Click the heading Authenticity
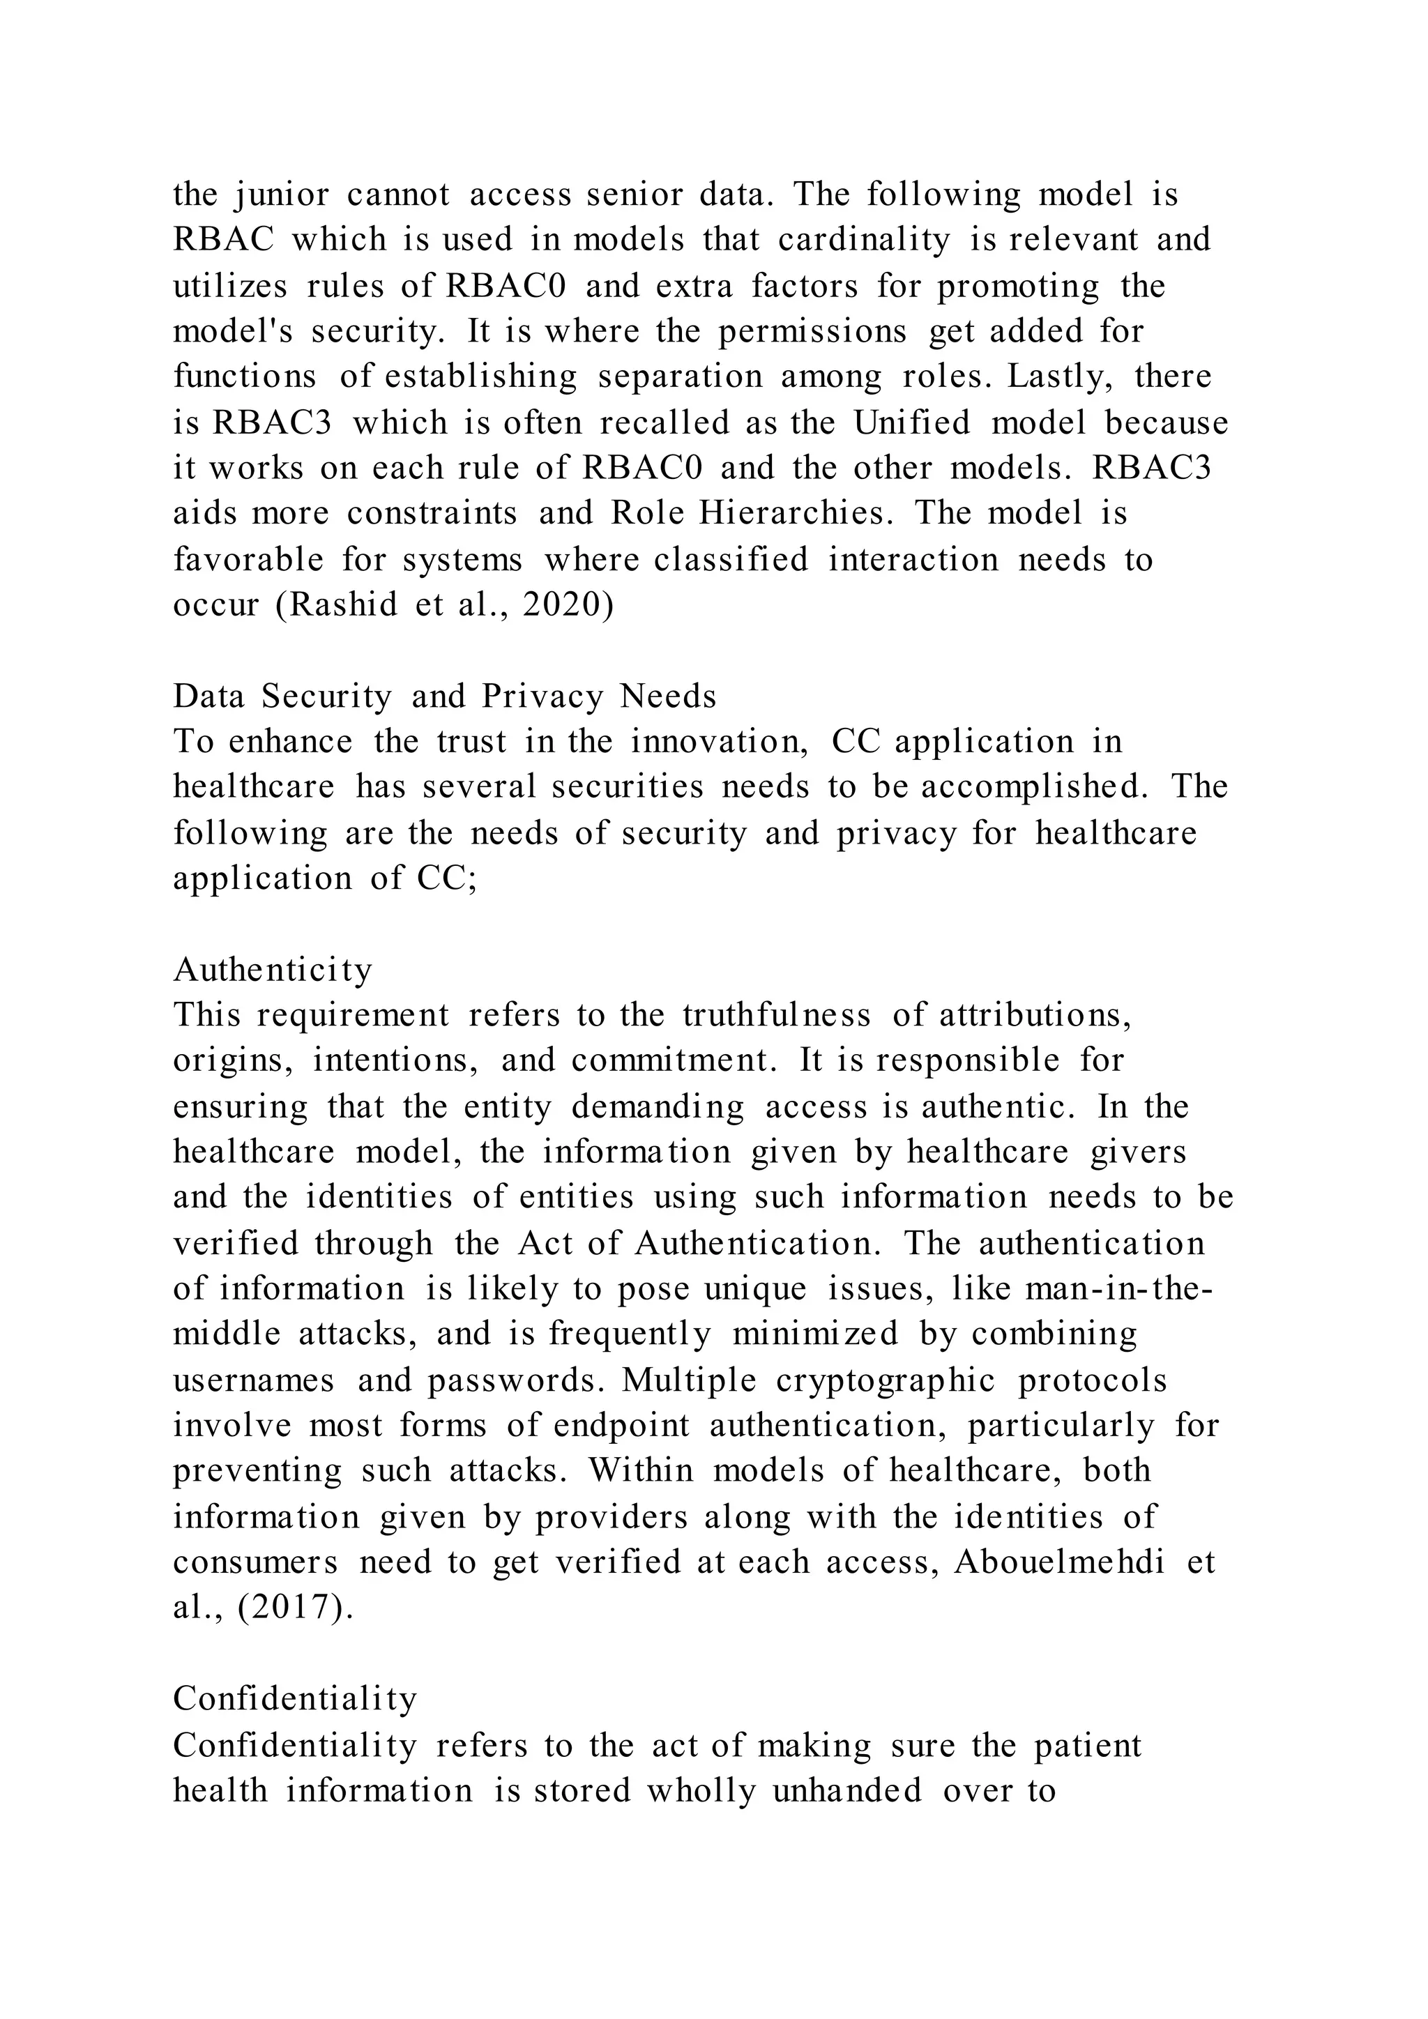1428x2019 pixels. pos(273,970)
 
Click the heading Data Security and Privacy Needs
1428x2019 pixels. pos(444,696)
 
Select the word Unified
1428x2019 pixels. pos(911,423)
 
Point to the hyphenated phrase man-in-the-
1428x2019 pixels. pos(1118,1289)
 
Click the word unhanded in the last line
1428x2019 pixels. pos(848,1790)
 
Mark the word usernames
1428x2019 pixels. pos(253,1380)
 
